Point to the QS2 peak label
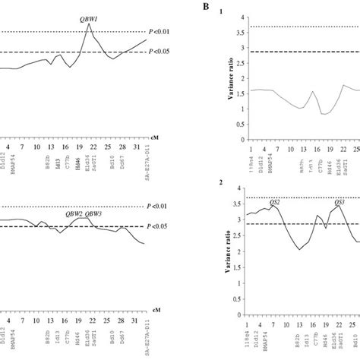coord(275,204)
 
